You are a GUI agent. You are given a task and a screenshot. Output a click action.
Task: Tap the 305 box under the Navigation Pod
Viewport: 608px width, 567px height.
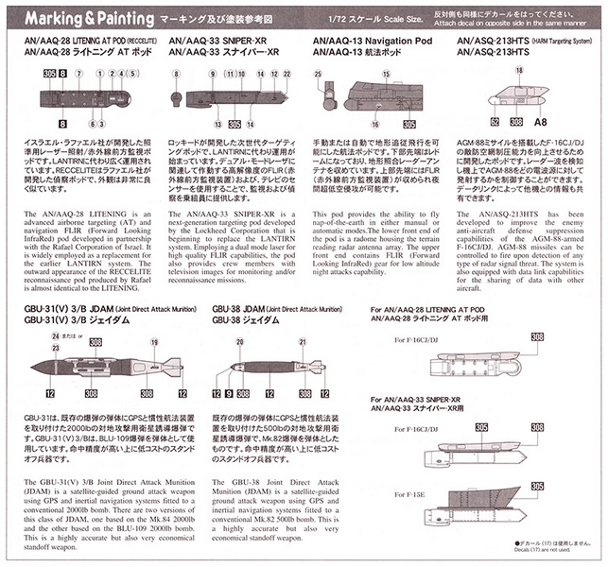[408, 123]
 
